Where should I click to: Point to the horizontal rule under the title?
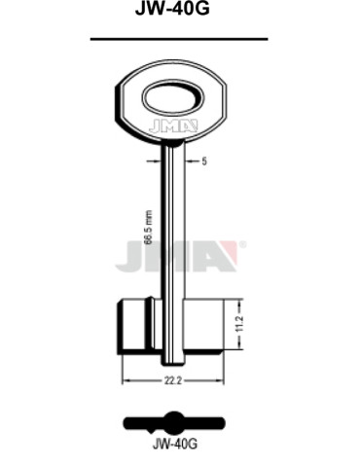pyautogui.click(x=179, y=39)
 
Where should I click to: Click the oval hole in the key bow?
pyautogui.click(x=173, y=98)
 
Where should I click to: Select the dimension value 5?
pyautogui.click(x=205, y=162)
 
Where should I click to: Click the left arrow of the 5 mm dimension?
pyautogui.click(x=162, y=162)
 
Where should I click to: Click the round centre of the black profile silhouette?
pyautogui.click(x=174, y=422)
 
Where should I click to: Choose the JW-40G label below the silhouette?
pyautogui.click(x=175, y=449)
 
